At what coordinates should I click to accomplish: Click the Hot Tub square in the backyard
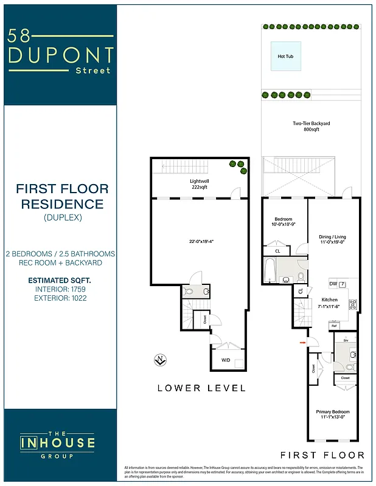coord(285,56)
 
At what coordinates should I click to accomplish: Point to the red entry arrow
coord(302,343)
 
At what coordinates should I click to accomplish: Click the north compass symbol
coord(161,360)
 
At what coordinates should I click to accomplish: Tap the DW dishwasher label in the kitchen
coord(333,284)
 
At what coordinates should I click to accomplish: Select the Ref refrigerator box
coord(334,326)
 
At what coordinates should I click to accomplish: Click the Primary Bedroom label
coord(332,414)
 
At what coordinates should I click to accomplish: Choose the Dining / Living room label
coord(332,240)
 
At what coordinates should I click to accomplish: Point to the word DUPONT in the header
coord(60,55)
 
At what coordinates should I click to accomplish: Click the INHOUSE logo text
coord(58,442)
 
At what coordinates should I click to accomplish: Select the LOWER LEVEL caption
coord(201,388)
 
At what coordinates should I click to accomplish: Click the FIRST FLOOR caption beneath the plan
coord(322,455)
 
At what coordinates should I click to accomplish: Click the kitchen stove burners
coord(352,304)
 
